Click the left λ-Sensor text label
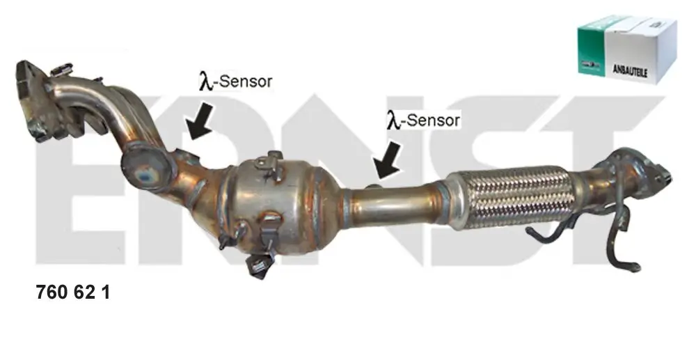235,81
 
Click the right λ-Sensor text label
423,120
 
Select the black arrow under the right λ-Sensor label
387,159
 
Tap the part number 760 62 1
72,293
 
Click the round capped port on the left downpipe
148,167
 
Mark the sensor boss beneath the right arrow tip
373,186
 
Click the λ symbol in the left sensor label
205,82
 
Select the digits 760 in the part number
51,293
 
